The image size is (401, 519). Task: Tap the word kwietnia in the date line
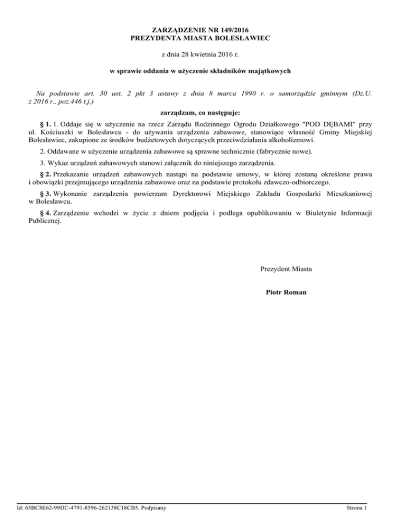point(202,54)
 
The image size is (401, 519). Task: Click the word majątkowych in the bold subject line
point(268,70)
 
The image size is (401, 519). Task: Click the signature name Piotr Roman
point(286,292)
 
